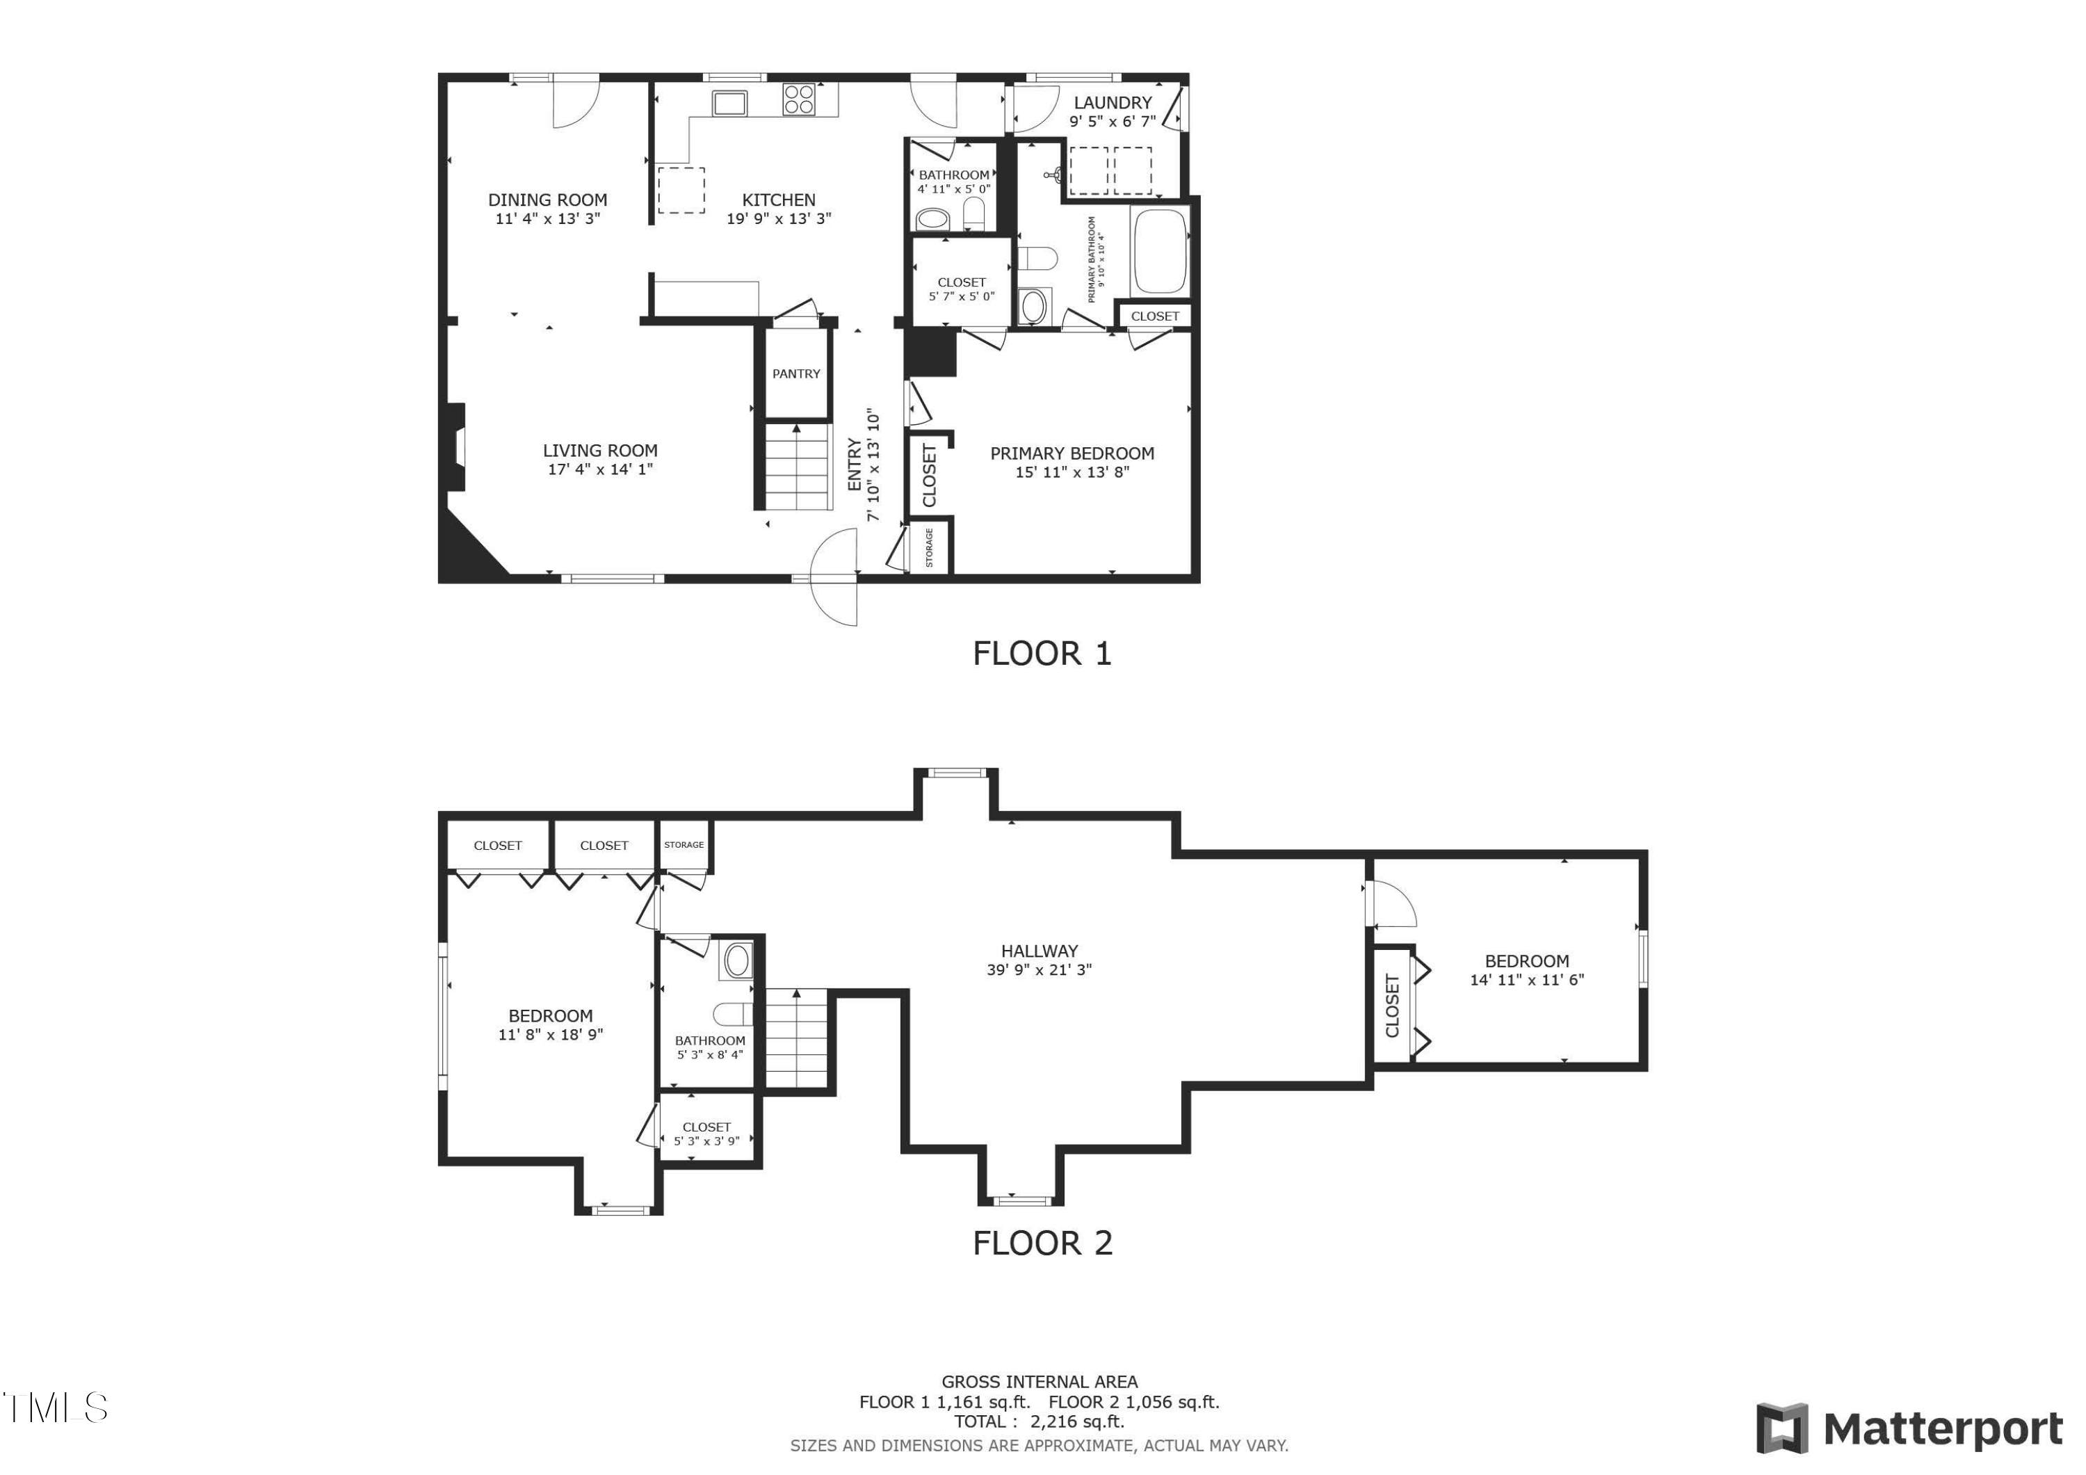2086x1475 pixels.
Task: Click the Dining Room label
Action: click(x=547, y=199)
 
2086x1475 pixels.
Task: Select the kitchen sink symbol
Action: click(x=729, y=103)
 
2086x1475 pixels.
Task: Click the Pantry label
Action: click(x=796, y=373)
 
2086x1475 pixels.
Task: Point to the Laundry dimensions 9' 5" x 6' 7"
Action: click(x=1112, y=121)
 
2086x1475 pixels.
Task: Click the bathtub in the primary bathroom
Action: click(x=1159, y=251)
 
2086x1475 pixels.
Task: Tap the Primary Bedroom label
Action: click(x=1072, y=453)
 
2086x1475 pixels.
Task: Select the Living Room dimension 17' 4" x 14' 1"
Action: click(x=599, y=469)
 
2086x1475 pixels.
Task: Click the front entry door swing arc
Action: click(x=834, y=578)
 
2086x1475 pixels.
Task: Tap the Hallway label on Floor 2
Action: click(x=1038, y=951)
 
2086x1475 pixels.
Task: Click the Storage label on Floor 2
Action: click(x=684, y=844)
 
